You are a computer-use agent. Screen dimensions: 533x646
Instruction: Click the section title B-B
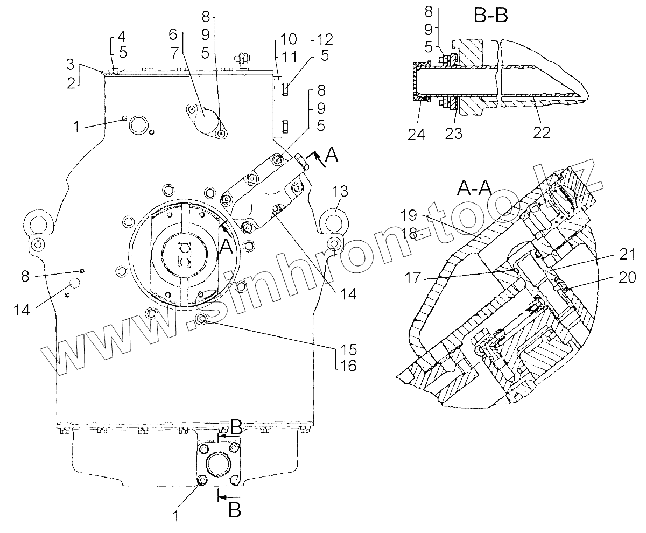pyautogui.click(x=490, y=15)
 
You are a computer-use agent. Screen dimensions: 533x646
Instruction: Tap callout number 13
pyautogui.click(x=340, y=191)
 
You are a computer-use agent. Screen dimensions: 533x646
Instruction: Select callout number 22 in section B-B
pyautogui.click(x=542, y=132)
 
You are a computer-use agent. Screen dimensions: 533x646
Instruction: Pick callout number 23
pyautogui.click(x=453, y=132)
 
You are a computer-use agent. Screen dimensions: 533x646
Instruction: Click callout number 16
pyautogui.click(x=349, y=366)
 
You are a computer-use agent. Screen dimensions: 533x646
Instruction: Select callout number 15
pyautogui.click(x=349, y=347)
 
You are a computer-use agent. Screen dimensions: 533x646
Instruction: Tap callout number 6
pyautogui.click(x=173, y=33)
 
